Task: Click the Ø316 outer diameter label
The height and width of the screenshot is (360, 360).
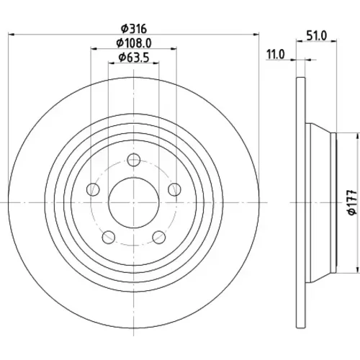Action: coord(134,29)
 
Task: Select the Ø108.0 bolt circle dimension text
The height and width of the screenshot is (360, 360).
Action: coord(134,43)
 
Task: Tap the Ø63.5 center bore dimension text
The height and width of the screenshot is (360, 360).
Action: coord(134,58)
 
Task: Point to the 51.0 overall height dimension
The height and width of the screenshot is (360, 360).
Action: coord(317,36)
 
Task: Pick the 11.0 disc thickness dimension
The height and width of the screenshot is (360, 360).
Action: coord(276,55)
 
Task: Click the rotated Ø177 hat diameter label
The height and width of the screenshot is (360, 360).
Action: coord(352,202)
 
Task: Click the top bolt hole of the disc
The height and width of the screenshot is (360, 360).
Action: coord(134,160)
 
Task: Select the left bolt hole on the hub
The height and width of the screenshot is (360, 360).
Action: coord(93,189)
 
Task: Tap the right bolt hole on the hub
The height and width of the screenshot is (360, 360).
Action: coord(174,189)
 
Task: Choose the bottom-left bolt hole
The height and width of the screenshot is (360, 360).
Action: coord(109,237)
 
